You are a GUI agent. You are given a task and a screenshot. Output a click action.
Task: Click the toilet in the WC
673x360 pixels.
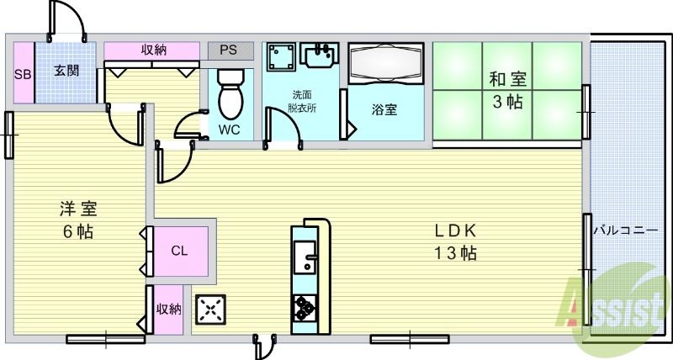click(x=230, y=97)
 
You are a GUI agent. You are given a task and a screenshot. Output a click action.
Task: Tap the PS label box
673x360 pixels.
click(x=229, y=50)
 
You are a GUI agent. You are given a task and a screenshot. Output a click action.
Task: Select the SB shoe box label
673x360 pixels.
click(x=23, y=72)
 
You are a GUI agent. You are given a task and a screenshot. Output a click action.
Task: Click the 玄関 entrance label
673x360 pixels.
click(x=66, y=71)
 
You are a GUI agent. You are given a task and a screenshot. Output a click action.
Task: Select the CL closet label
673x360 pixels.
click(x=179, y=251)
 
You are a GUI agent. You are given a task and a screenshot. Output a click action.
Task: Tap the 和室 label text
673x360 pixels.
click(x=508, y=80)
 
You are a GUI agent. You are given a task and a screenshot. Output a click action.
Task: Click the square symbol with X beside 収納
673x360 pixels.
click(x=210, y=310)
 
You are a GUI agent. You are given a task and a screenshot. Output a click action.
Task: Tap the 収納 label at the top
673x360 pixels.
click(x=153, y=50)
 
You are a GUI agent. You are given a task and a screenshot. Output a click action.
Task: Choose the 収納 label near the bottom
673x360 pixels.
click(x=169, y=309)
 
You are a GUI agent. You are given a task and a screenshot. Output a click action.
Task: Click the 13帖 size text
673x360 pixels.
click(x=456, y=253)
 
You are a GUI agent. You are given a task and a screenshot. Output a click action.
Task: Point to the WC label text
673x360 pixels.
click(x=228, y=130)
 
